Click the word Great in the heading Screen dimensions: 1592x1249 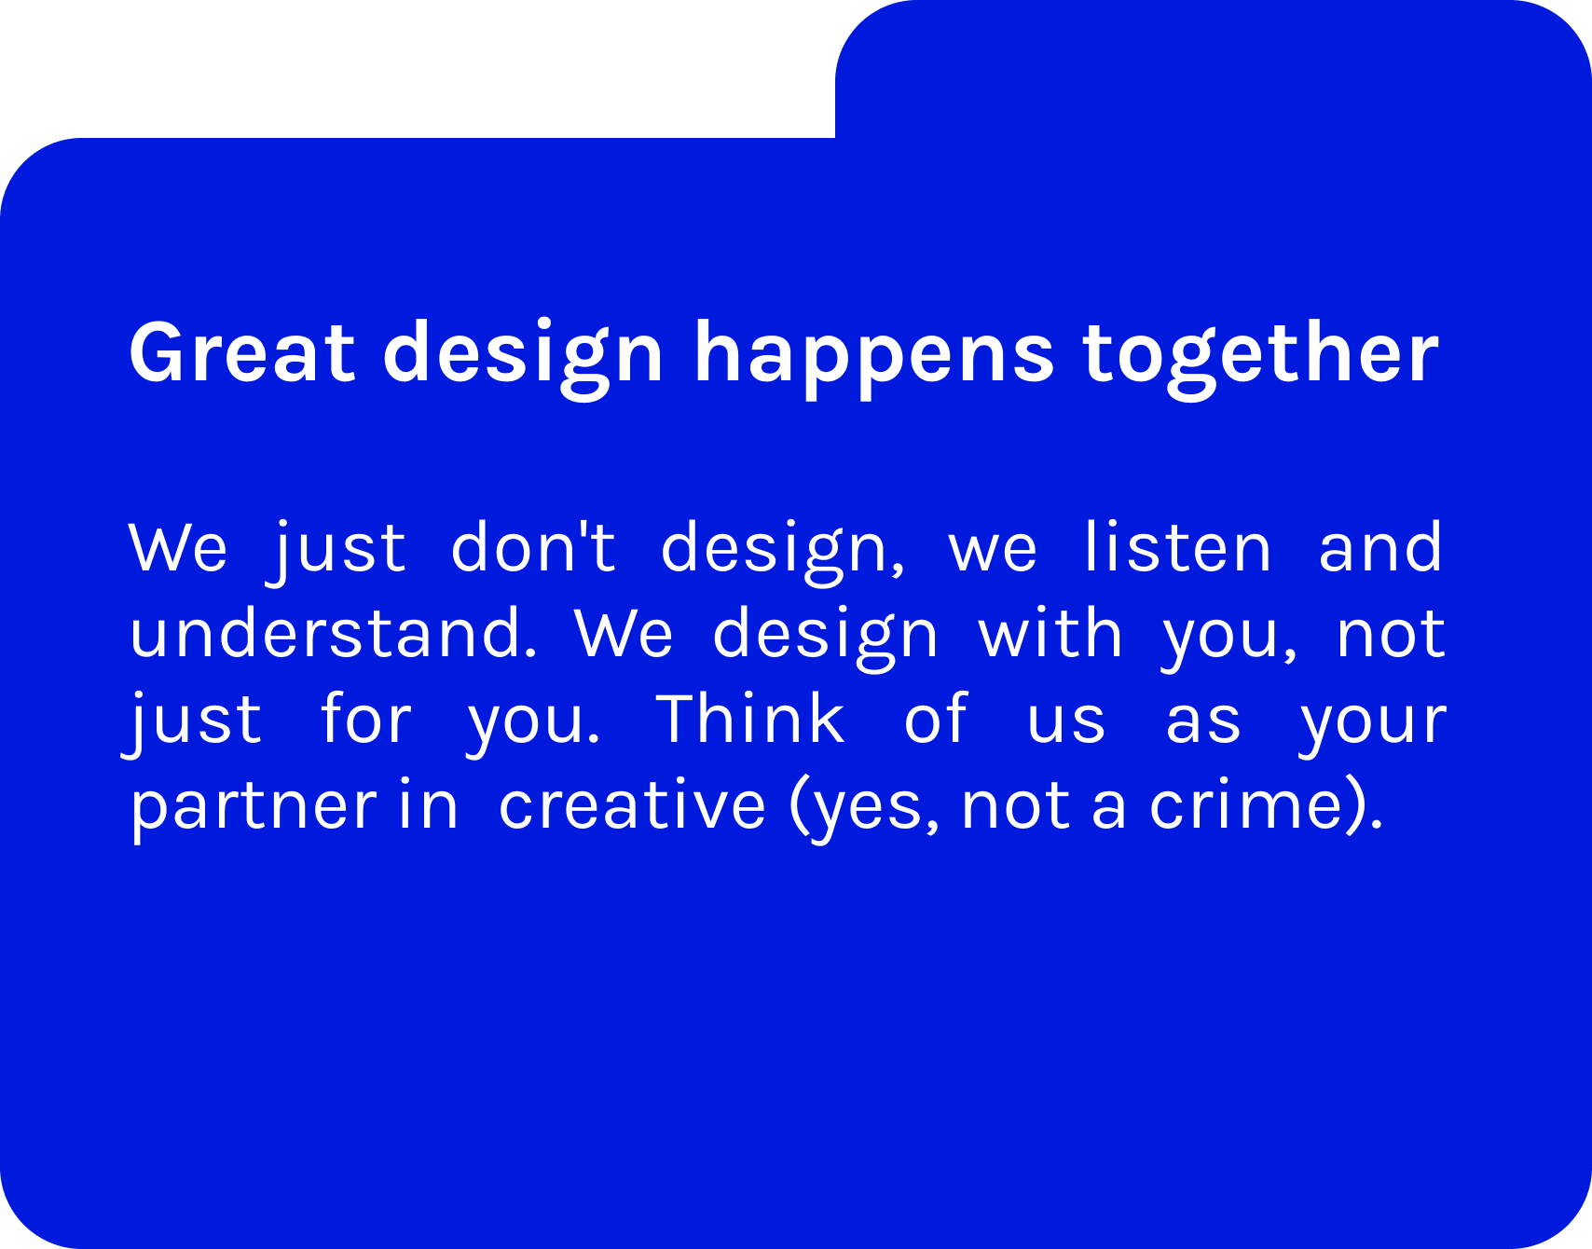click(242, 351)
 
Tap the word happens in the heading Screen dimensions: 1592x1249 click(874, 359)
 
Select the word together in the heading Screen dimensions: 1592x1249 click(1261, 359)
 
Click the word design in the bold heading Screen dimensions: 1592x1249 click(523, 359)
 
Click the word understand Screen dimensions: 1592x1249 click(333, 632)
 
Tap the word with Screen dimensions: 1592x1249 click(1050, 632)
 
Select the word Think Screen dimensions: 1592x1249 click(750, 718)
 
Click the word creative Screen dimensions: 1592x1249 click(632, 803)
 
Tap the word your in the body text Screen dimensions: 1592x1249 click(1373, 724)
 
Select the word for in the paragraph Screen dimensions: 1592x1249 click(365, 718)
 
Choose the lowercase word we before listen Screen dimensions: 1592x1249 click(993, 550)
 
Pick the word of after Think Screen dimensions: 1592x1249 click(936, 718)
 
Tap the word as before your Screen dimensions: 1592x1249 click(1203, 722)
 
